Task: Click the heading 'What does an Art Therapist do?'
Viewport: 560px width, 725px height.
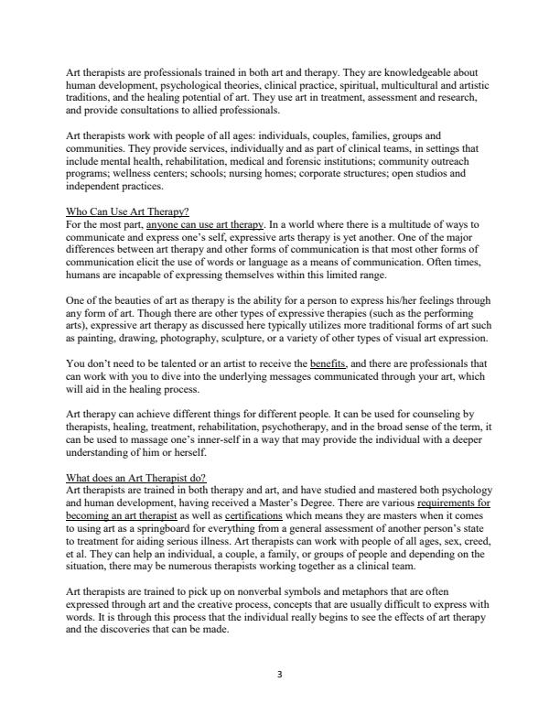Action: coord(137,478)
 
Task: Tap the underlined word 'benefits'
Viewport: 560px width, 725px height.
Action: coord(328,362)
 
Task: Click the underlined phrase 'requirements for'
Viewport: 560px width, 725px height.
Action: coord(453,503)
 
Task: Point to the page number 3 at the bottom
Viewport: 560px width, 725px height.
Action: coord(280,675)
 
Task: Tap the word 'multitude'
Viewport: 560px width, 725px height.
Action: coord(391,224)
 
